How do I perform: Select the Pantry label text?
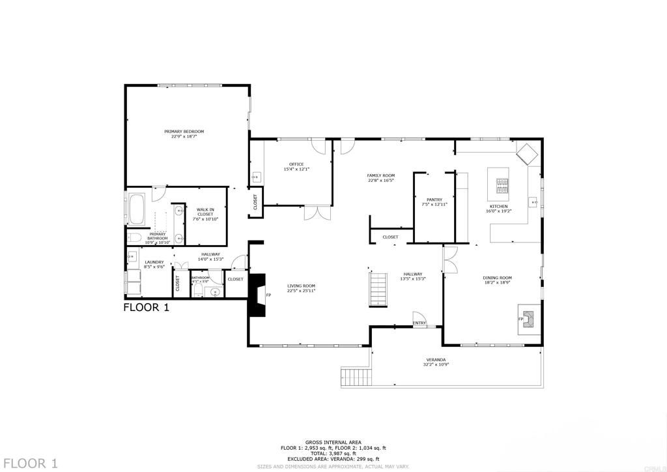[x=434, y=202]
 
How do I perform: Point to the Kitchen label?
[x=500, y=208]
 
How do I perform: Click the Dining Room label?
[x=497, y=280]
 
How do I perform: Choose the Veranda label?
[x=436, y=362]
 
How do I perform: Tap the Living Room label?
[x=301, y=288]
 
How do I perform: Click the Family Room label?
[x=381, y=177]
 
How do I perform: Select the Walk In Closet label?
[x=205, y=214]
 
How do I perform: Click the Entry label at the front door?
[x=419, y=323]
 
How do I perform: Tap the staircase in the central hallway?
[x=378, y=290]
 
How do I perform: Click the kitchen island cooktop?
[x=502, y=186]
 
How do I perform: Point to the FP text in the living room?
[x=268, y=295]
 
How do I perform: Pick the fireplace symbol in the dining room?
[x=526, y=319]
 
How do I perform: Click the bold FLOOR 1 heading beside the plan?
[x=147, y=308]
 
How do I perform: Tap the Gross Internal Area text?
[x=333, y=443]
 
